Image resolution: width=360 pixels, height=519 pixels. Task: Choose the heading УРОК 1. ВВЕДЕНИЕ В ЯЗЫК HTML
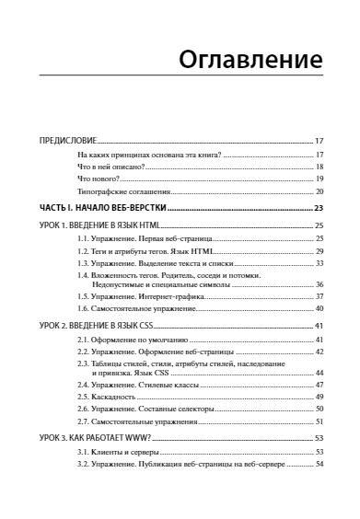(90, 225)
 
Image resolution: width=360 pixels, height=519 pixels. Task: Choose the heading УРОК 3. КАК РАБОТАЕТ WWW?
(88, 438)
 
